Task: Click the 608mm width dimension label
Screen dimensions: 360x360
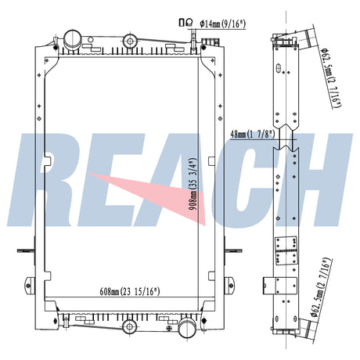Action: pos(130,291)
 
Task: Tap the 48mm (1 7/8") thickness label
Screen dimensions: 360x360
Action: pos(253,134)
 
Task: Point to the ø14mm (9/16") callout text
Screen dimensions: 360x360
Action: pos(223,24)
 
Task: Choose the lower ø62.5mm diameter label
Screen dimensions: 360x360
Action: pos(321,287)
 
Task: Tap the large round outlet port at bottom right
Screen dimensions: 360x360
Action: pos(187,327)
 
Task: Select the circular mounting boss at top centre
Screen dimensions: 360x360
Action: pos(130,41)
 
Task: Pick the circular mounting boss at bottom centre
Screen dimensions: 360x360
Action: pos(130,326)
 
